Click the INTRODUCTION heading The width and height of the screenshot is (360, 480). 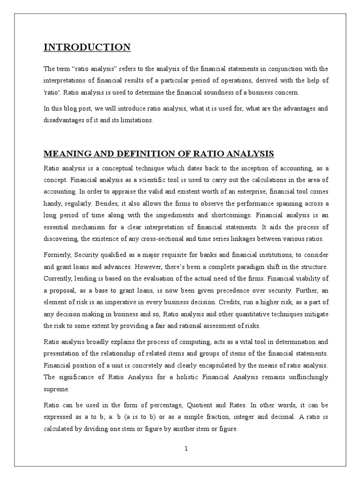click(x=87, y=47)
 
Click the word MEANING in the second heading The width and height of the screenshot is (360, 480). click(x=63, y=154)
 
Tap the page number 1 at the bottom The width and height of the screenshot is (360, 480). click(x=186, y=448)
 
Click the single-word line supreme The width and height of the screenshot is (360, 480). click(x=56, y=389)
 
